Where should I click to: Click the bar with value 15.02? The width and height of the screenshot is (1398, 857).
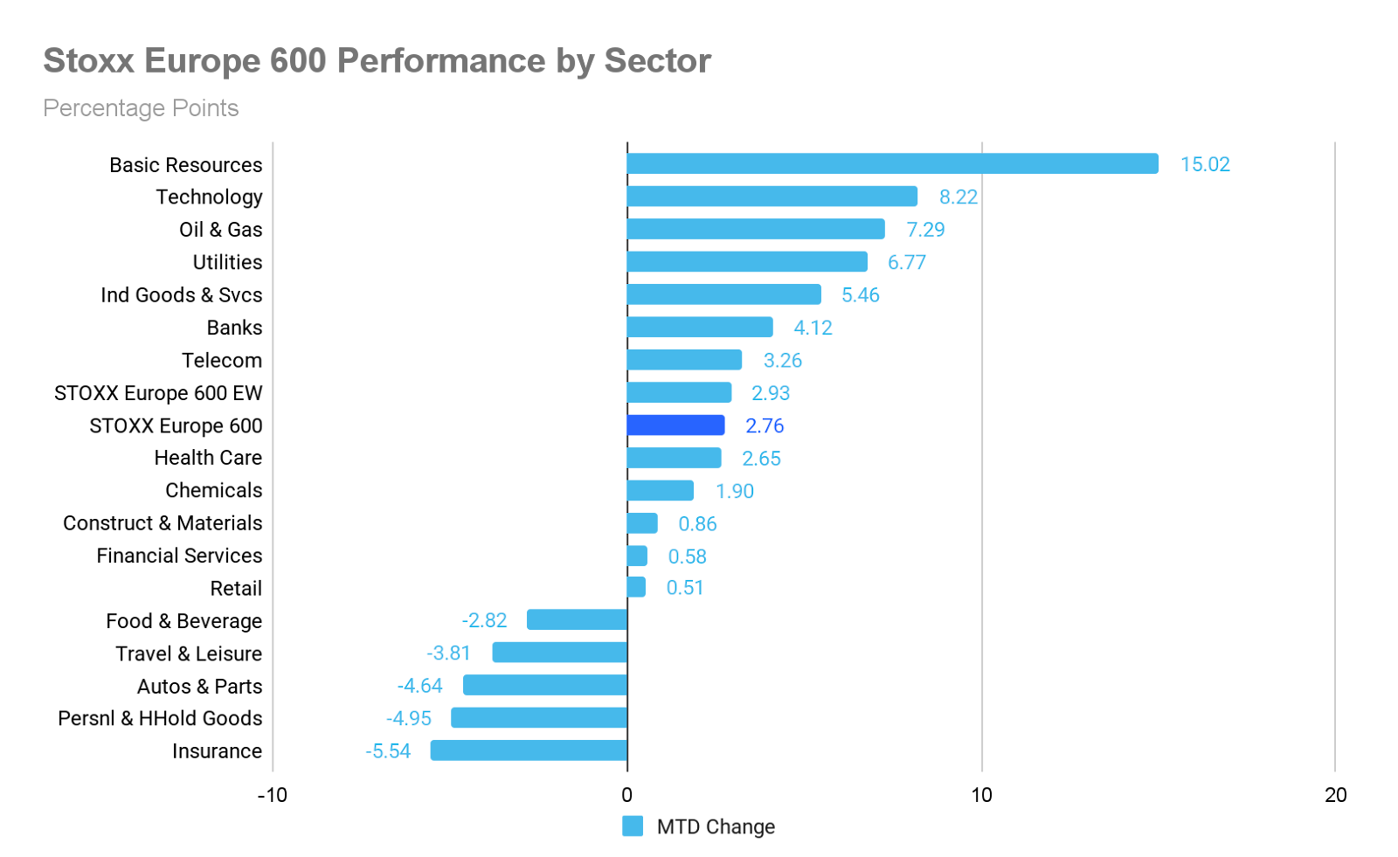click(x=893, y=163)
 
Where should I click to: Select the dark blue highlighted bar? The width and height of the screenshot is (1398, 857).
click(x=675, y=425)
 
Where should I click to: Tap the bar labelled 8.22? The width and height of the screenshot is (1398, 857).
click(x=772, y=196)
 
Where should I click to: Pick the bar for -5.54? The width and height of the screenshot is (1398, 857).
click(x=529, y=750)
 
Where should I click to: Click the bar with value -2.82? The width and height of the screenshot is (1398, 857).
click(x=577, y=619)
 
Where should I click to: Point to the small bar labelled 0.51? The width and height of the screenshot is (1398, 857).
click(x=636, y=587)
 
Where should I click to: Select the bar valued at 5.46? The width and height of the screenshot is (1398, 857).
click(x=723, y=294)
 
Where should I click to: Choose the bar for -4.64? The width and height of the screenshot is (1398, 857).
click(x=545, y=685)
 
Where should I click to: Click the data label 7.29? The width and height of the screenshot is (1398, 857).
click(x=924, y=230)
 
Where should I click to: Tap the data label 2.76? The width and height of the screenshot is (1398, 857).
click(x=765, y=426)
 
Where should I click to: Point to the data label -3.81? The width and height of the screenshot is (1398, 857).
click(x=447, y=653)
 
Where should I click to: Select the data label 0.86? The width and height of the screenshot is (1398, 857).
click(x=697, y=524)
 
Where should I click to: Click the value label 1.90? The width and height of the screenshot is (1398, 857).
click(x=734, y=492)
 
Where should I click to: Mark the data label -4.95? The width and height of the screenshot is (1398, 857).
click(x=409, y=718)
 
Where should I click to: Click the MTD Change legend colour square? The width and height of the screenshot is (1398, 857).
click(x=633, y=826)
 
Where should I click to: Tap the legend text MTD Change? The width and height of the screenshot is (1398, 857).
click(x=716, y=826)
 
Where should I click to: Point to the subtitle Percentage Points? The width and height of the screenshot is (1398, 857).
click(x=141, y=108)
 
